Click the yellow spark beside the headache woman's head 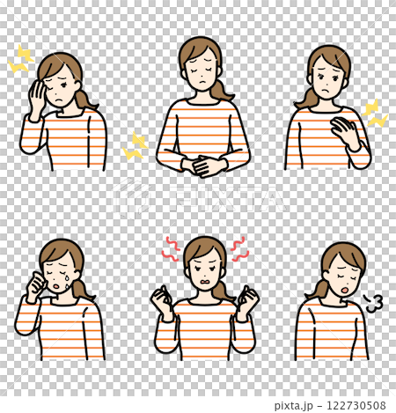20,60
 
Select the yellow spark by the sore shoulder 376,113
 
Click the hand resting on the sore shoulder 342,132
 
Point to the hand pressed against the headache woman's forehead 37,94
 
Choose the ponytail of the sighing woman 318,288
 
